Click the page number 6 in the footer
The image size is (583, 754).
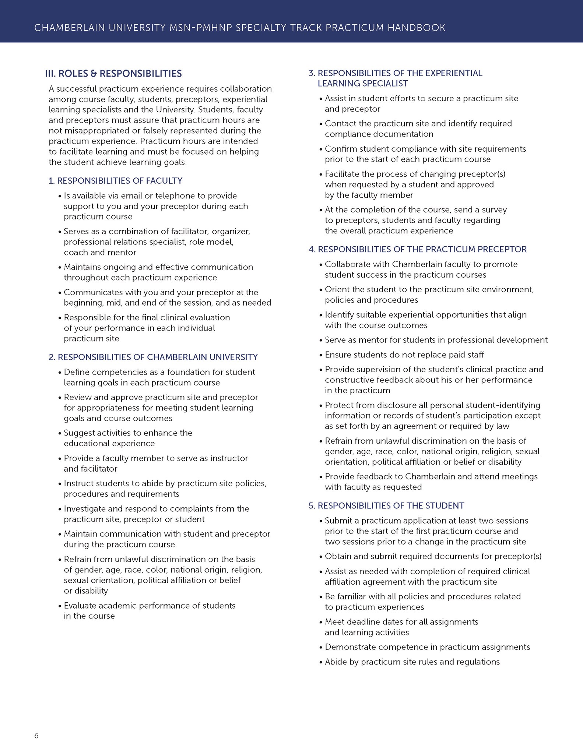click(36, 736)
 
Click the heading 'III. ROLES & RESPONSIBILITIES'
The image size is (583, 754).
click(113, 74)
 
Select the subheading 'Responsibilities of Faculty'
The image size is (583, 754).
click(116, 181)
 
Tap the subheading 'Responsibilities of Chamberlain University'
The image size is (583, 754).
click(153, 357)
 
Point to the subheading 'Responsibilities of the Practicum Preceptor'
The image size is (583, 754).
click(418, 249)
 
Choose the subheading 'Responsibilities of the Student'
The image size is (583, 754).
click(386, 505)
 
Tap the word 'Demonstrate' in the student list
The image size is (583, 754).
click(350, 647)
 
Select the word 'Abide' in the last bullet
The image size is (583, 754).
click(336, 662)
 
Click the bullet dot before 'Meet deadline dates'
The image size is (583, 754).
click(321, 622)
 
